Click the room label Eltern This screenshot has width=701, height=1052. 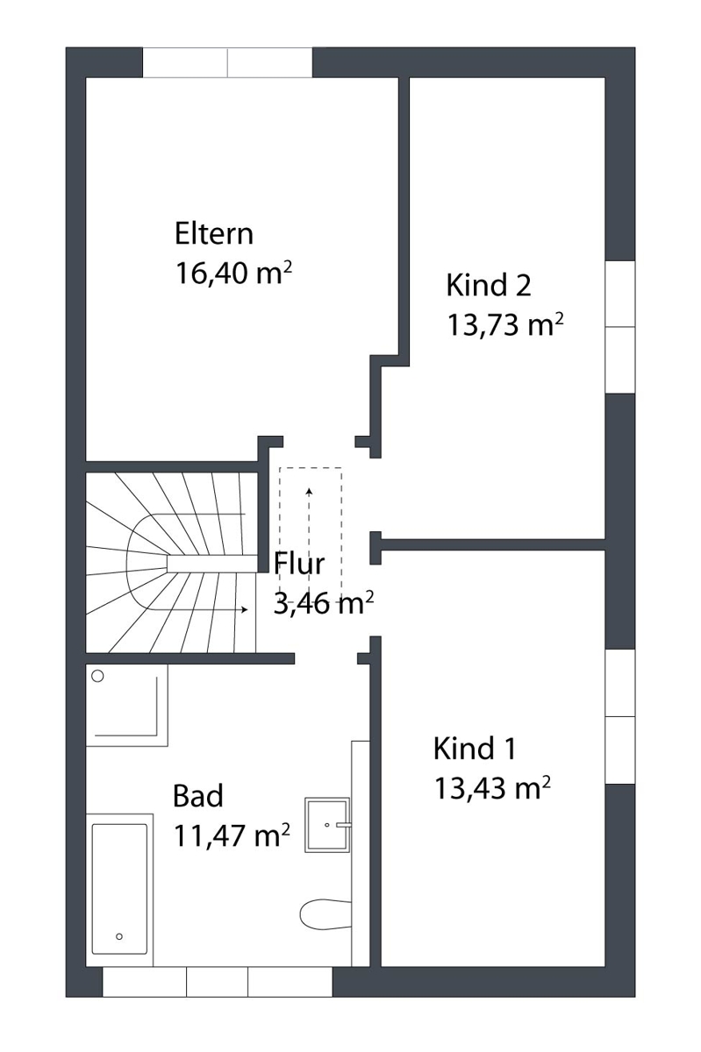214,233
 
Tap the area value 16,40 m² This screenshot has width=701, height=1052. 233,273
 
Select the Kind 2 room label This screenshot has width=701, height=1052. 489,285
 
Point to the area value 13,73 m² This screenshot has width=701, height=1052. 505,324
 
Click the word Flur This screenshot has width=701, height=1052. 299,564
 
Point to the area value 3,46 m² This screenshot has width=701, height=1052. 324,603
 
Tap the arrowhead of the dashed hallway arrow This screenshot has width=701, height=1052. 309,491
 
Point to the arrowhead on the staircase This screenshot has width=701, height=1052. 244,609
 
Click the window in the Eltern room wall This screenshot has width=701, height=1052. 227,62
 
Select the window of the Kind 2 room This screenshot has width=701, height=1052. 620,327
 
